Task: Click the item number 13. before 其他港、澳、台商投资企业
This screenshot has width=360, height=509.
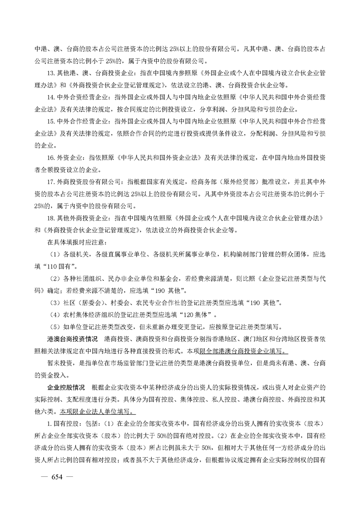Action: (x=51, y=73)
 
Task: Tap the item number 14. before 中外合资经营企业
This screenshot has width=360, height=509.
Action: (x=51, y=98)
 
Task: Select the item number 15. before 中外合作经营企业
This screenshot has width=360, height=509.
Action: (x=51, y=122)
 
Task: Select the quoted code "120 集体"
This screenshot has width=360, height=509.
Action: (x=192, y=314)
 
